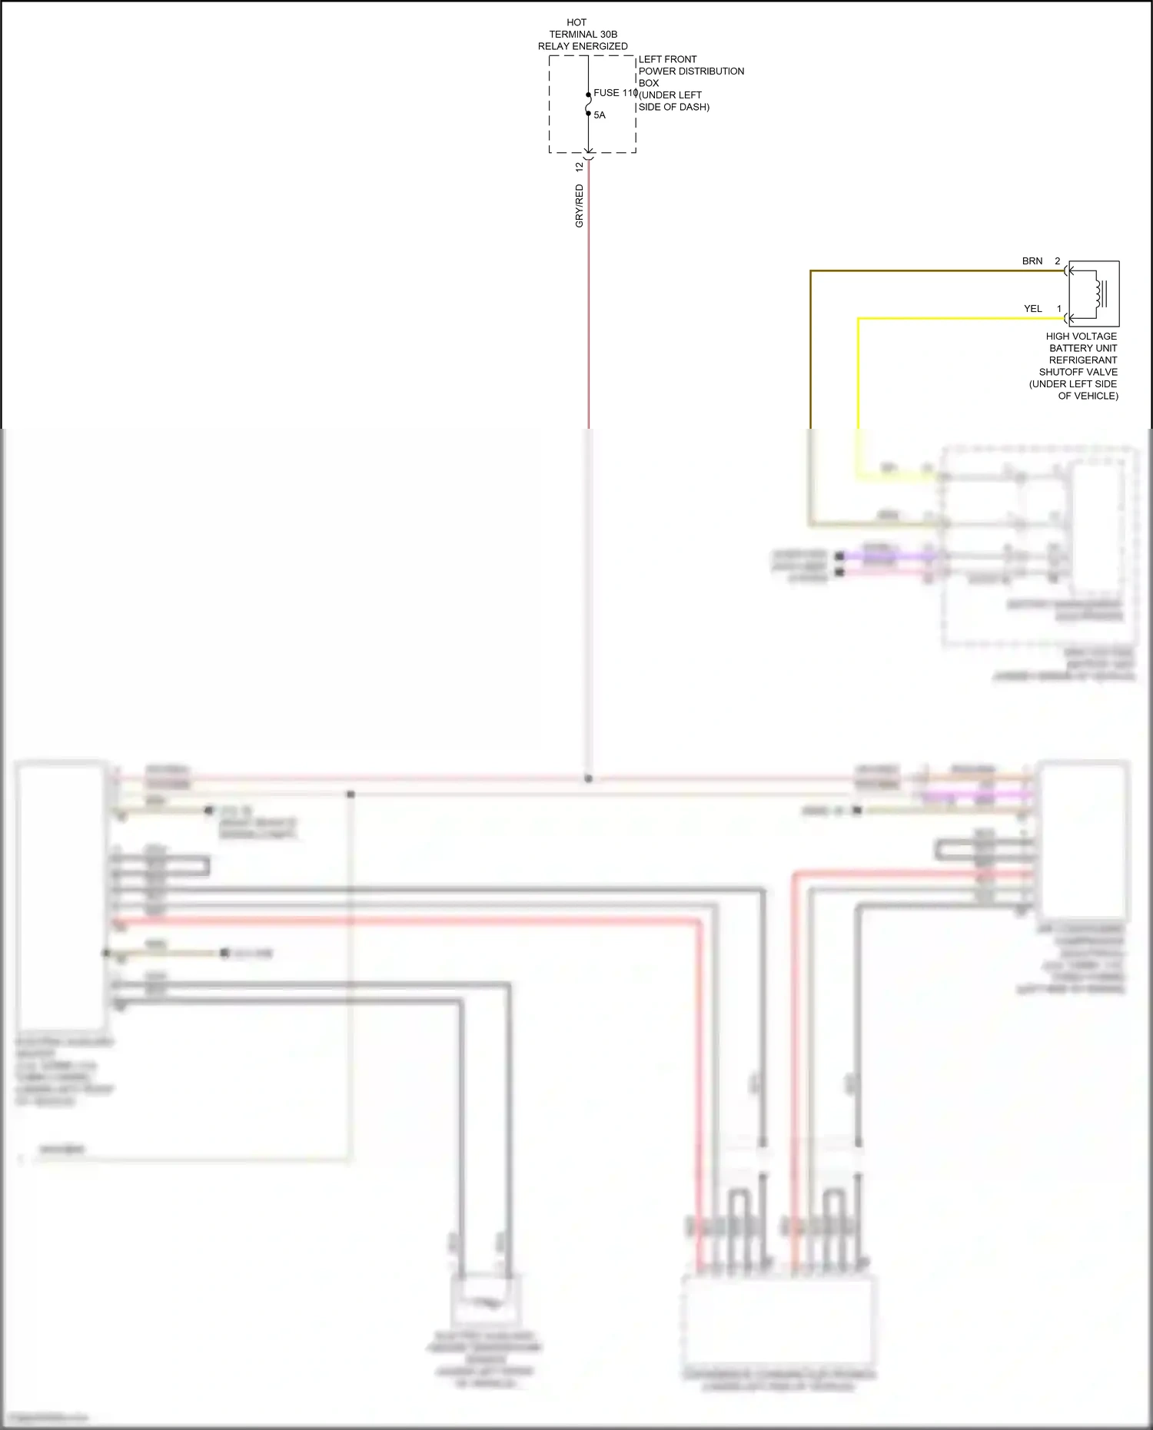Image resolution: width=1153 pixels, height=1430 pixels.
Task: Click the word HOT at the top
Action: click(x=576, y=22)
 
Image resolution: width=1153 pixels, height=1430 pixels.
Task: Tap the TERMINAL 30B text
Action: click(x=583, y=35)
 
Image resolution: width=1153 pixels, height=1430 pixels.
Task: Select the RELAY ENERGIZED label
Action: click(x=583, y=46)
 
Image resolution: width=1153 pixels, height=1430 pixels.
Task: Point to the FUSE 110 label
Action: click(x=615, y=93)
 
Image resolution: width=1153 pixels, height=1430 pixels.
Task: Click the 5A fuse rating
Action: click(x=600, y=115)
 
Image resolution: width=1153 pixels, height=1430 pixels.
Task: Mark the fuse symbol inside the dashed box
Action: click(x=588, y=104)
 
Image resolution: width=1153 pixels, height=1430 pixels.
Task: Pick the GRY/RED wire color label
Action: click(x=580, y=206)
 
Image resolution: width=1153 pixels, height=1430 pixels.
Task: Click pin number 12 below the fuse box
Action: click(x=580, y=166)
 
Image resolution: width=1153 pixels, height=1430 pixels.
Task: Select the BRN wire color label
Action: click(x=1032, y=261)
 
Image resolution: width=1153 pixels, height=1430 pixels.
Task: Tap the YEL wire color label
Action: click(x=1032, y=309)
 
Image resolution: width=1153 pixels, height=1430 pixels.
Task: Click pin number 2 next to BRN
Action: click(x=1058, y=261)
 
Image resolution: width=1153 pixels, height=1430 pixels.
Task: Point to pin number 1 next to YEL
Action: click(x=1059, y=309)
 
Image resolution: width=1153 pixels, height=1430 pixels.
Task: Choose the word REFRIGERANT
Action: click(x=1083, y=360)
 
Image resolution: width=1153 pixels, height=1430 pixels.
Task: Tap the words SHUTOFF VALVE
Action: click(x=1078, y=372)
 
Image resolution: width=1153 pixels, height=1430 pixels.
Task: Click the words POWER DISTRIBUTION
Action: click(x=691, y=71)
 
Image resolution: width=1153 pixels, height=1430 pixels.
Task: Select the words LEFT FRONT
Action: click(x=667, y=59)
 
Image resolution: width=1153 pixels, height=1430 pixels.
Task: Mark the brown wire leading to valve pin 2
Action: click(x=922, y=270)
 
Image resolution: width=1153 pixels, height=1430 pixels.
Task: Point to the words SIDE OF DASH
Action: click(x=673, y=107)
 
